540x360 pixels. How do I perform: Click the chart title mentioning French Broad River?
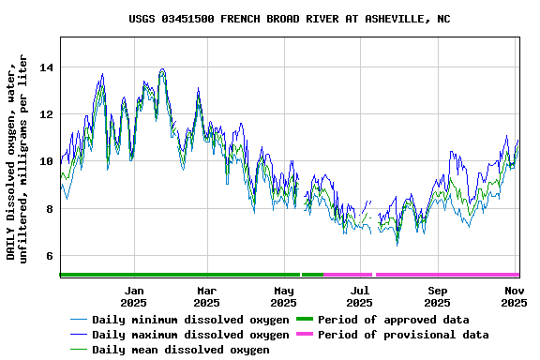[x=289, y=19]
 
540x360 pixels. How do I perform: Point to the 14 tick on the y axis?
[x=46, y=67]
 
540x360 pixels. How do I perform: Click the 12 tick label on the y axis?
[x=46, y=114]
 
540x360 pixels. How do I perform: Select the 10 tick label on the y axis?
[x=46, y=161]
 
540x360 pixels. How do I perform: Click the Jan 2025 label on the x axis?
[x=133, y=296]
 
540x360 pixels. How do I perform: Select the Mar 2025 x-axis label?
[x=206, y=296]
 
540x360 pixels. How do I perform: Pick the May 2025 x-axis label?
[x=283, y=296]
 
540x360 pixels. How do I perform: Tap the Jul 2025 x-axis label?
[x=359, y=296]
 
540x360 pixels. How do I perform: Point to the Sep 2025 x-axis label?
[x=437, y=296]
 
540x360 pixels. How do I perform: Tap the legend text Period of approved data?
[x=393, y=320]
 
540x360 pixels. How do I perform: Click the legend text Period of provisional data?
[x=403, y=335]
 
